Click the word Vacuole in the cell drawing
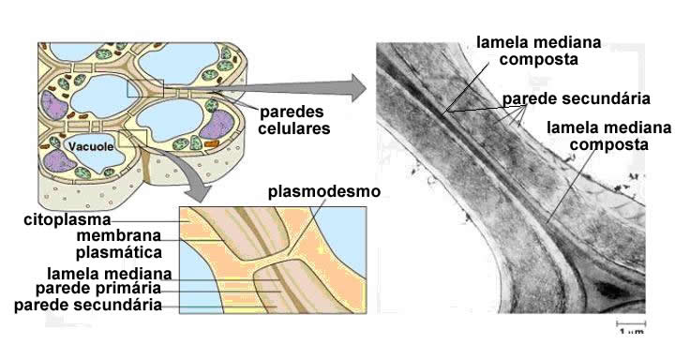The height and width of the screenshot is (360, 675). pos(91,146)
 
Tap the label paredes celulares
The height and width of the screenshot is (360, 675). pos(295,120)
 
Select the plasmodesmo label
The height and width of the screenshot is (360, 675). pos(324,191)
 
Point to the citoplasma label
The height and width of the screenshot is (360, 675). pos(67,219)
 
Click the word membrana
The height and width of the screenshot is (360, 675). pos(119,235)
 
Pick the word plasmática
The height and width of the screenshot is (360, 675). pos(119,252)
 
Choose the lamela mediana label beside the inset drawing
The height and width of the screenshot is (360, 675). pos(110,274)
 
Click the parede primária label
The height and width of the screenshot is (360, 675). pos(98,288)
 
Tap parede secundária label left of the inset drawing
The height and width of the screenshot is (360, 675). pos(88,305)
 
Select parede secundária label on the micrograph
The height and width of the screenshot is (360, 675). pos(577,98)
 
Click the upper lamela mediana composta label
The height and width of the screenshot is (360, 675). pos(538,51)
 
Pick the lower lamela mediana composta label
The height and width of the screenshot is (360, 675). pos(608,136)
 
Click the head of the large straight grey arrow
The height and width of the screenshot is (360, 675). pos(357,88)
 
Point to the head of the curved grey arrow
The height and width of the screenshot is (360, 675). pos(201,193)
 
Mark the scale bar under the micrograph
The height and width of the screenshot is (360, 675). pos(631,322)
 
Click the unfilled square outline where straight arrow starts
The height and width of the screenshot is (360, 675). pos(145,88)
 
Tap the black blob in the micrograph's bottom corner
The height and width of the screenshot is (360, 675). pos(611,292)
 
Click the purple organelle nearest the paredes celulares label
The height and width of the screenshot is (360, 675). pos(217,125)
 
